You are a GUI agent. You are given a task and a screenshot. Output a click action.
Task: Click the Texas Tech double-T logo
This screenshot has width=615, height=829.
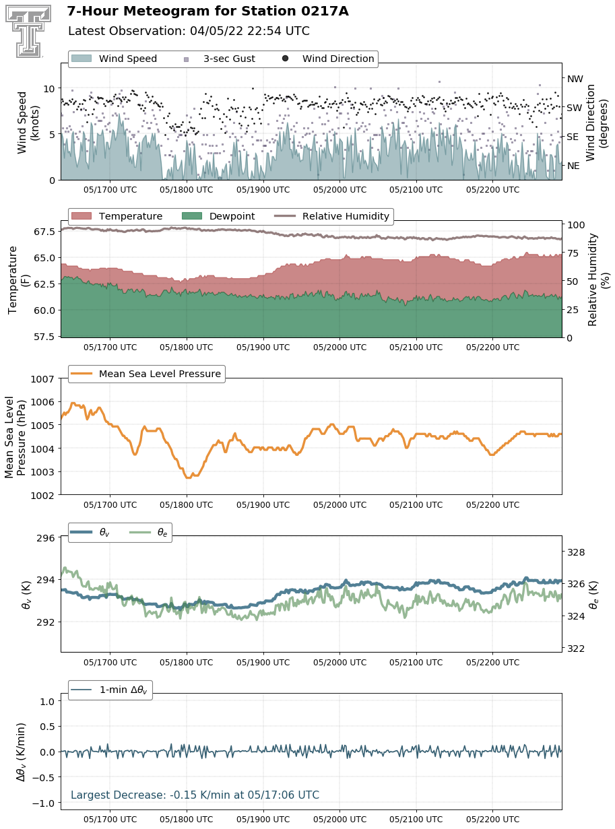[28, 31]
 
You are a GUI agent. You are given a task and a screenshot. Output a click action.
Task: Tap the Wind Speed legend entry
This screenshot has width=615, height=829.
[114, 59]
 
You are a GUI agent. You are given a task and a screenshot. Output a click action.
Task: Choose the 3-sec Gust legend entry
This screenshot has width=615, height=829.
[220, 59]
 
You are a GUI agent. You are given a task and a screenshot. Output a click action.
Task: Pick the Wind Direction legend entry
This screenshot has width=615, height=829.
[328, 59]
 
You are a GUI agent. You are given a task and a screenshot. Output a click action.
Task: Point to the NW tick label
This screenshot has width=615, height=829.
[575, 79]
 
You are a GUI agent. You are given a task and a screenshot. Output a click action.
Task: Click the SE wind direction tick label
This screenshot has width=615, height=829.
[572, 137]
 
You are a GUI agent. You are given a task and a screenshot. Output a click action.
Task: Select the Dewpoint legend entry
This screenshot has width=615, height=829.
[218, 216]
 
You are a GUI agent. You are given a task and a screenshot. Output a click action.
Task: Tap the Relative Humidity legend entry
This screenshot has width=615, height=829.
[331, 216]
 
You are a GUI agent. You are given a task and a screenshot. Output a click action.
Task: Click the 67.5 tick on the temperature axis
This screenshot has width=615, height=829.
[44, 232]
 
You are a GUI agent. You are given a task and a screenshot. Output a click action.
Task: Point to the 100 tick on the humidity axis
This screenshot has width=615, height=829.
[575, 225]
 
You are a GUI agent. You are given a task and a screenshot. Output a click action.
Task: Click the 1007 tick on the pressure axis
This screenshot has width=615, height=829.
[42, 379]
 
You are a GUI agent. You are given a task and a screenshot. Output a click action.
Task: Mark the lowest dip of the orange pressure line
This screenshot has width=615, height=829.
[188, 477]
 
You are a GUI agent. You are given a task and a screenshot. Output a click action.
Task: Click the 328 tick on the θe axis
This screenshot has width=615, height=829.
[576, 552]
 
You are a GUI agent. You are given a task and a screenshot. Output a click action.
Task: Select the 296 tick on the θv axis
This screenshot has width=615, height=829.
[45, 538]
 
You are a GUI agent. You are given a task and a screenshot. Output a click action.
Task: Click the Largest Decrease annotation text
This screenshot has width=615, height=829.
[195, 795]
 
